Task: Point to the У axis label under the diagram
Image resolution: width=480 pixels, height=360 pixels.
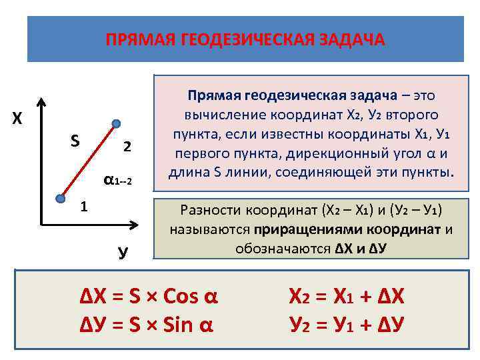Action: pos(123,251)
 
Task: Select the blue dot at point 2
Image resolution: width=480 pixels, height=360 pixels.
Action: pos(116,123)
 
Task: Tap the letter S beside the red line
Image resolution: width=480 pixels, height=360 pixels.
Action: pos(75,141)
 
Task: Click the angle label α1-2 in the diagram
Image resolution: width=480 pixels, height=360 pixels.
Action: pos(119,180)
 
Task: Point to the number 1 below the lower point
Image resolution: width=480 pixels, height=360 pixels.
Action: pos(83,207)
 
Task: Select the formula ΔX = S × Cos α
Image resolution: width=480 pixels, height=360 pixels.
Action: pos(149,296)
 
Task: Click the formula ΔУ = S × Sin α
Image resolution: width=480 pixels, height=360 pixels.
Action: pos(147,325)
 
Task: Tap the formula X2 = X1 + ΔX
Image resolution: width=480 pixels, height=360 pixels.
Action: pos(347,296)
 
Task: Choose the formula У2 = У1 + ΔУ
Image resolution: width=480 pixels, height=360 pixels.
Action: pos(347,325)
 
